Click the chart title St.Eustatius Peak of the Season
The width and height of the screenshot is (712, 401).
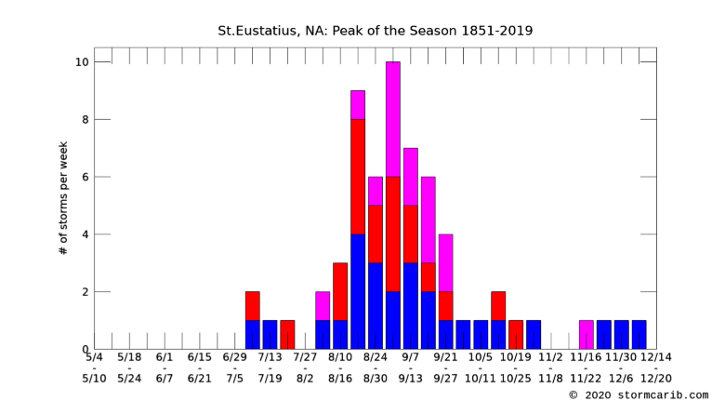click(376, 31)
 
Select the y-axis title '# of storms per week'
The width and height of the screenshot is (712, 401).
click(63, 198)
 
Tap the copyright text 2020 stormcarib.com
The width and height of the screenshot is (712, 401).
click(639, 394)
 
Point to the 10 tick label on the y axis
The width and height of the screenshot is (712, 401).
click(82, 61)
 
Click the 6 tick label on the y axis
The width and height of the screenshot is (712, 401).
click(86, 177)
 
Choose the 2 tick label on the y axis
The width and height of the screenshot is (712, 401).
click(86, 292)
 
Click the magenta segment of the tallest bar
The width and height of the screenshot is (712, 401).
click(393, 119)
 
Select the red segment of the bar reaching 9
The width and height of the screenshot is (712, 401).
click(358, 177)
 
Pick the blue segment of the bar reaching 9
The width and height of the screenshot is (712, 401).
click(358, 291)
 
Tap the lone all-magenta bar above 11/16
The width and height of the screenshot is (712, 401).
click(587, 335)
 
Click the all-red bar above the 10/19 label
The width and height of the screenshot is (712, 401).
click(516, 335)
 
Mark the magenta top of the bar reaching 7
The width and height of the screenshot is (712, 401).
click(411, 177)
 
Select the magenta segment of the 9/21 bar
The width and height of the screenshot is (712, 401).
click(445, 262)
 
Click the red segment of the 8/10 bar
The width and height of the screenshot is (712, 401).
click(340, 291)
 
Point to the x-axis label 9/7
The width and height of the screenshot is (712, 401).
click(411, 357)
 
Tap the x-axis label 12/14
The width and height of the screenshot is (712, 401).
click(655, 357)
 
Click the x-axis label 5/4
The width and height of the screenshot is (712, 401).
click(95, 357)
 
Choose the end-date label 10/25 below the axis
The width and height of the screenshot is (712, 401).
click(515, 379)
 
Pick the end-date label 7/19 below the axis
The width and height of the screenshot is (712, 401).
click(270, 379)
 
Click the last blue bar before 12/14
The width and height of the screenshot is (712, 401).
click(639, 335)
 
